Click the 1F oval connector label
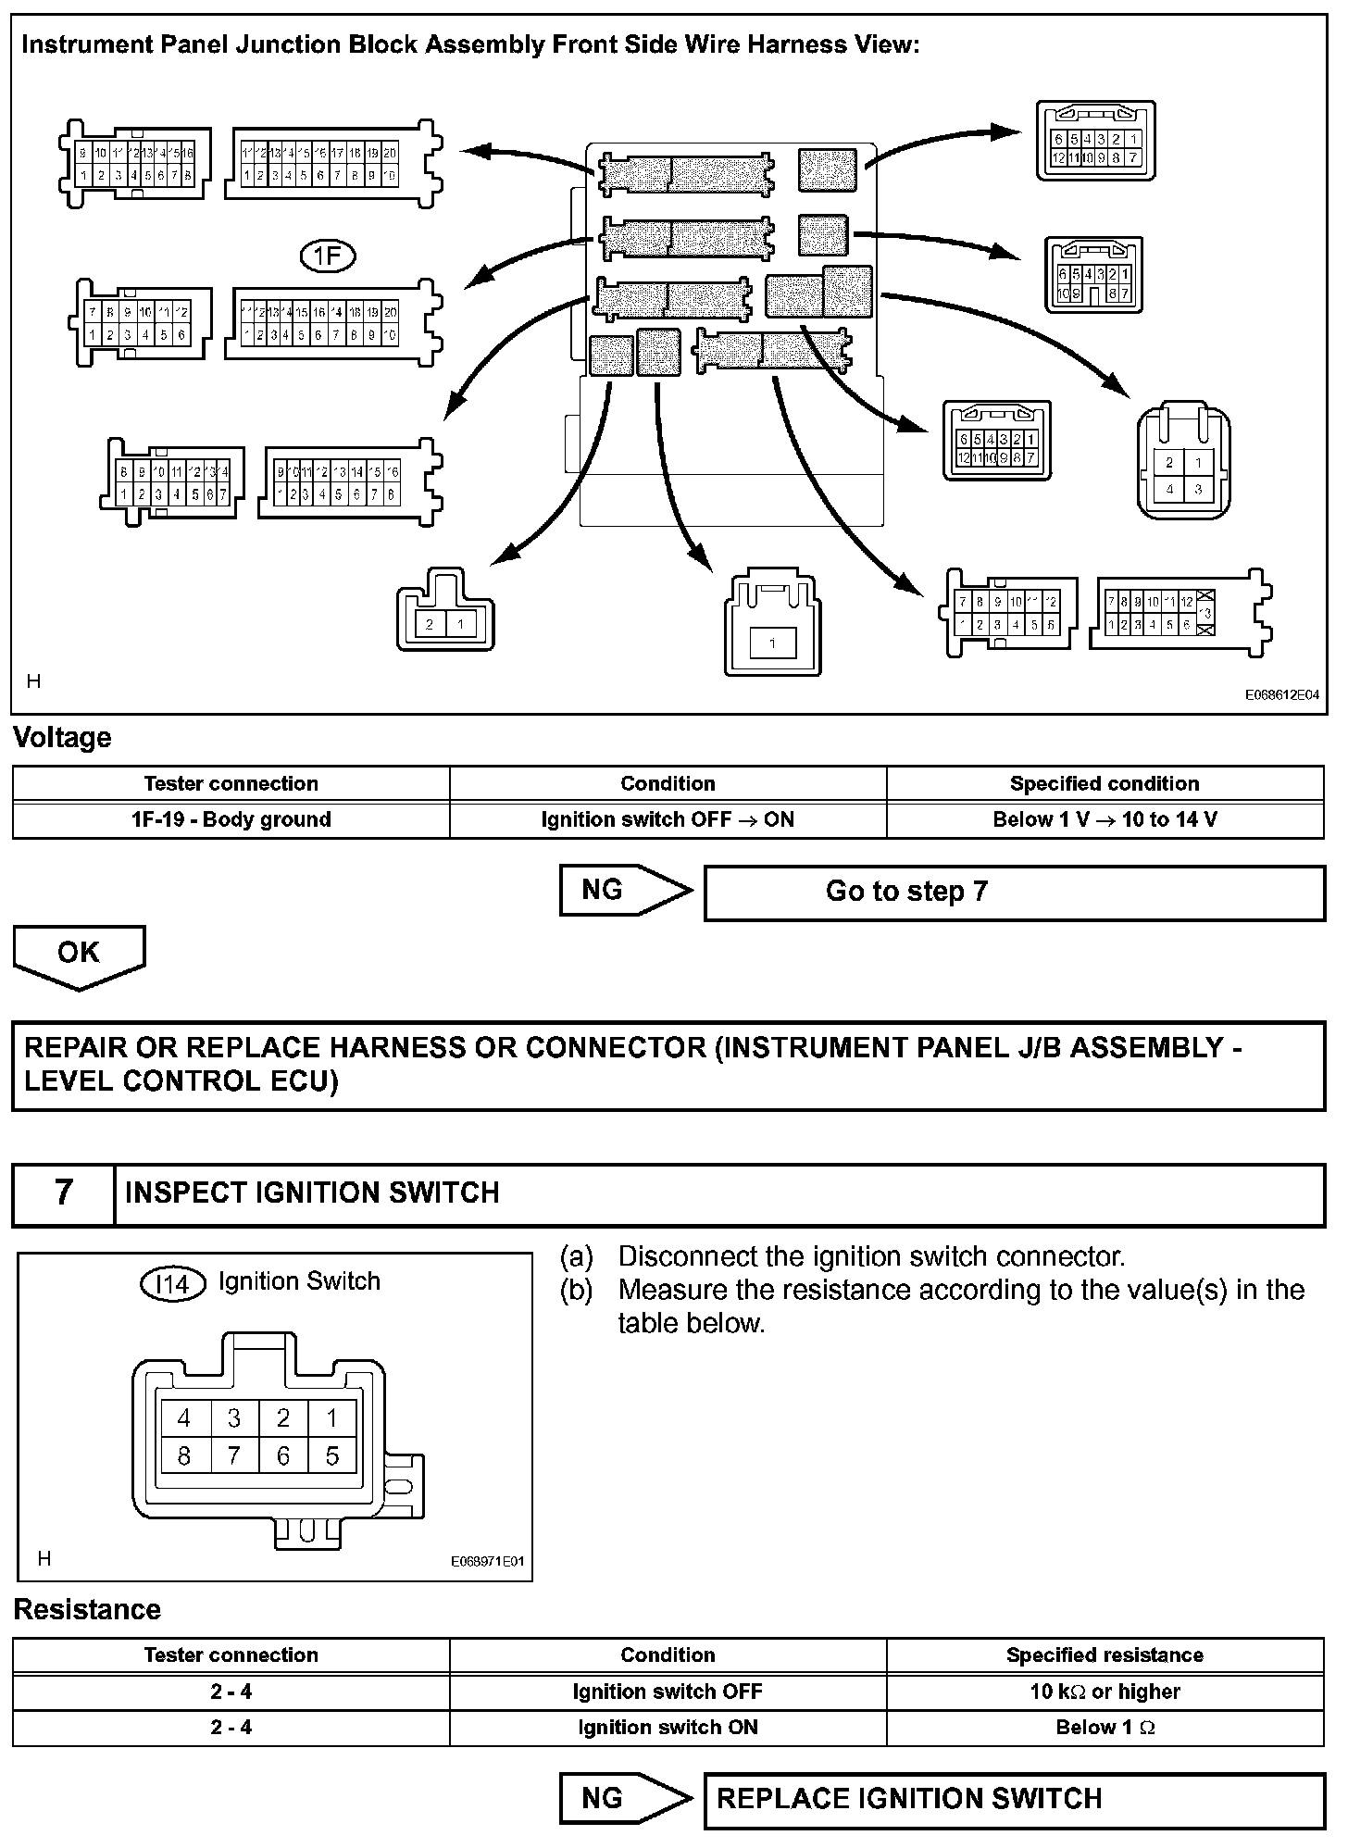[x=328, y=256]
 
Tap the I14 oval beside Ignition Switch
[x=172, y=1284]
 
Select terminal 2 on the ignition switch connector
[x=283, y=1417]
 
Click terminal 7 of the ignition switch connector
[x=233, y=1456]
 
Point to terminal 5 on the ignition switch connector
[x=332, y=1456]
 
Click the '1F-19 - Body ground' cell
[x=231, y=819]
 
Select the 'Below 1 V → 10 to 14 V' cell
[x=1105, y=819]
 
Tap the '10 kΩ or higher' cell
[x=1105, y=1692]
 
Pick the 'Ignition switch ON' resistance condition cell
[x=668, y=1727]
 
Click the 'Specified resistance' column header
[x=1105, y=1654]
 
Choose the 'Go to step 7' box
[x=1014, y=892]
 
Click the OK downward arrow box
[x=79, y=955]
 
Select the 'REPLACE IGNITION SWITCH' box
[x=1014, y=1799]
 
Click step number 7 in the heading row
[x=63, y=1192]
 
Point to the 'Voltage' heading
[x=62, y=738]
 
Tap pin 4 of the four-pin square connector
[x=1169, y=490]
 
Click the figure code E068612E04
[x=1281, y=695]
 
